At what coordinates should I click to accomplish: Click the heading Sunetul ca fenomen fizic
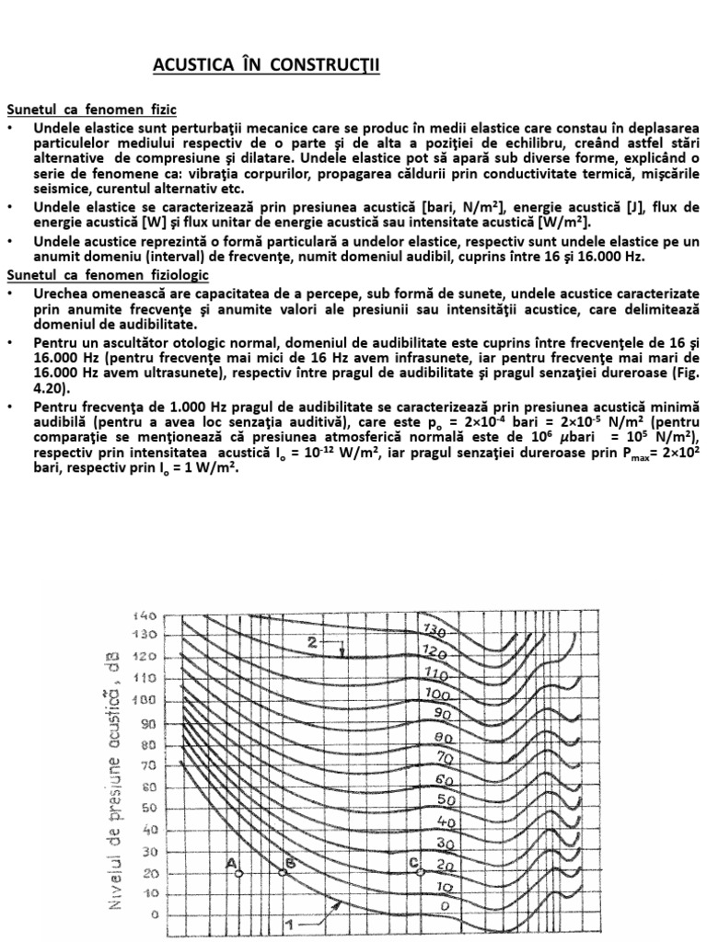pos(91,109)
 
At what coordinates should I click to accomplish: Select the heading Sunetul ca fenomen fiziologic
pos(108,275)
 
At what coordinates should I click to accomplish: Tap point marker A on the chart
pos(238,873)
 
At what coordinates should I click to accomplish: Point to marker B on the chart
pos(283,872)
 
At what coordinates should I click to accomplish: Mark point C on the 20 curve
pos(420,870)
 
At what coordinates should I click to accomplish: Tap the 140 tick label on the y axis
pos(145,615)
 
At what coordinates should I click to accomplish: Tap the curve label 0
pos(446,906)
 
